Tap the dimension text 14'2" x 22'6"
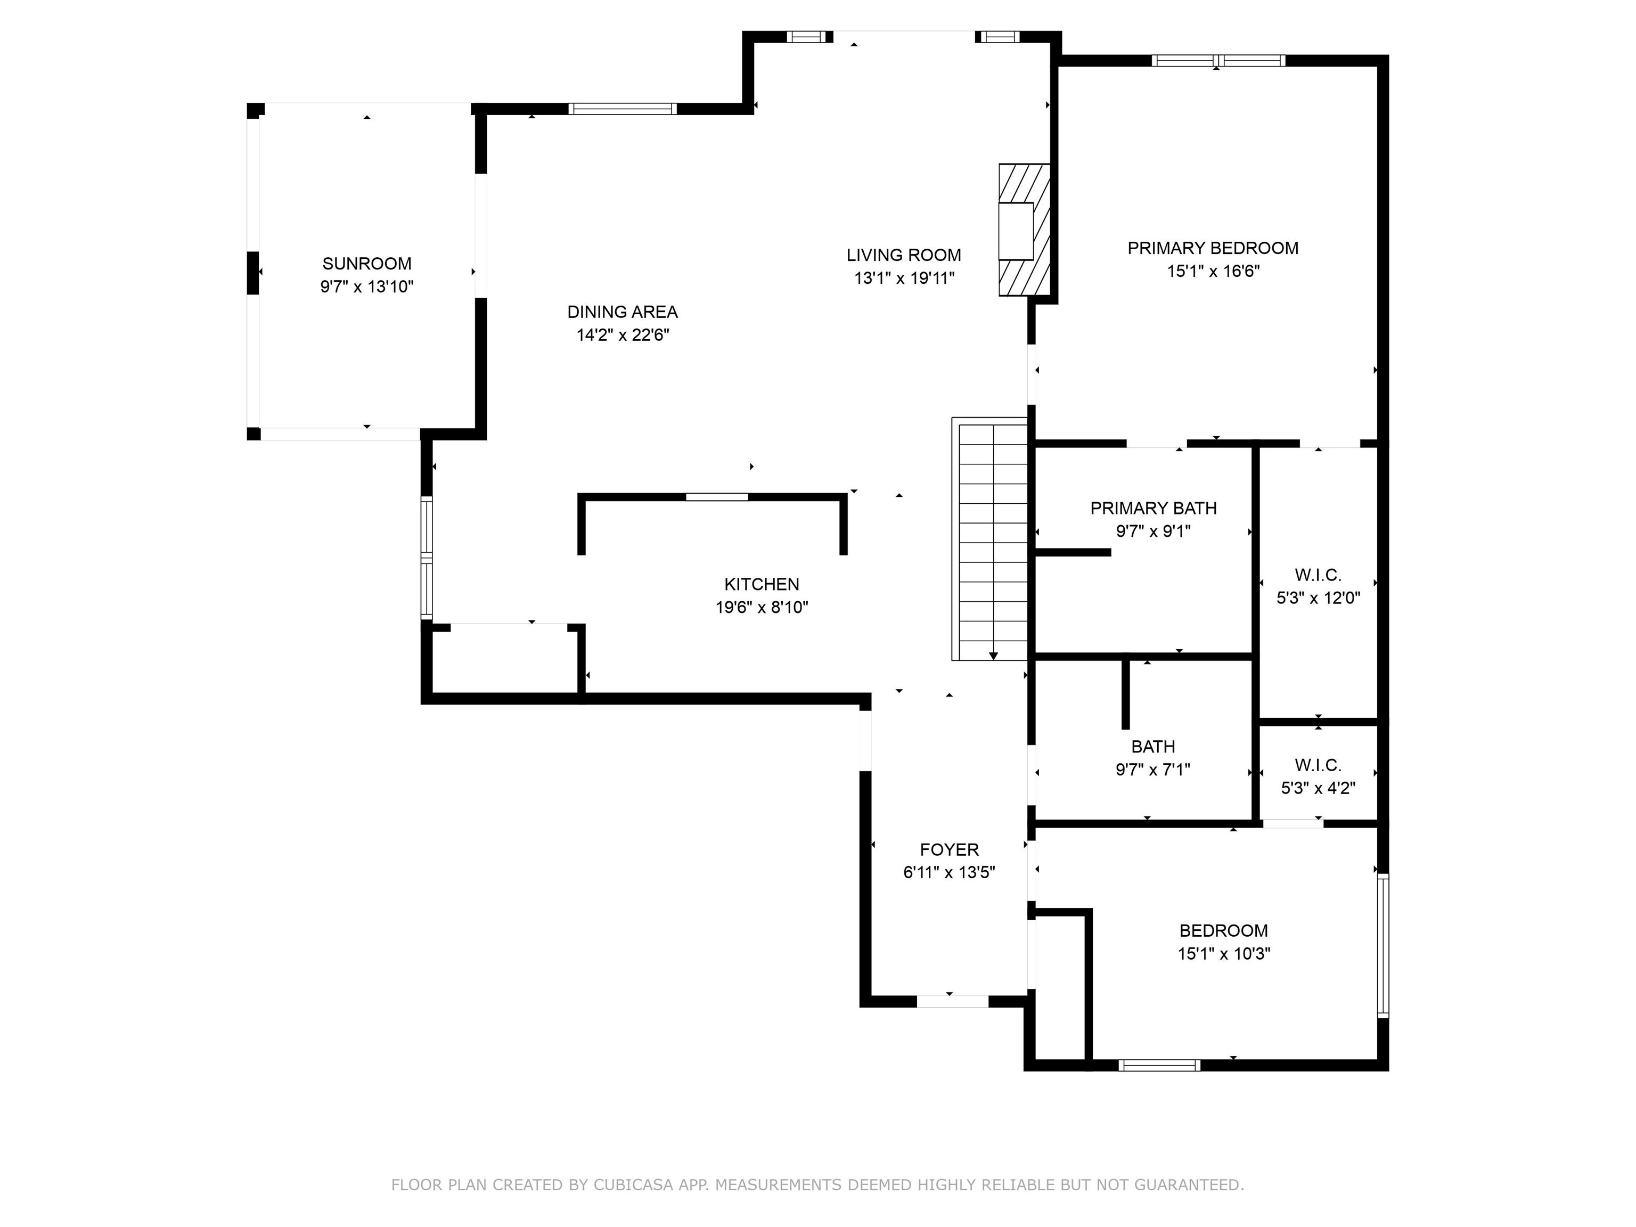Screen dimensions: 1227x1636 pos(623,335)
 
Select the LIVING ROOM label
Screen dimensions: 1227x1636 pos(903,255)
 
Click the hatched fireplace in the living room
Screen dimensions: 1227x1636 pos(1024,230)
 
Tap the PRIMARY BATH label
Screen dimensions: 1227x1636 pos(1153,508)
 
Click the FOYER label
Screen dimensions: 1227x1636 pos(949,850)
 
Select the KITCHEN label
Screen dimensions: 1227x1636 pos(761,584)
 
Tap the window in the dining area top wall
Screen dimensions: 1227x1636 pos(622,109)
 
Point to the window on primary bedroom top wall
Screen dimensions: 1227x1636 pos(1217,61)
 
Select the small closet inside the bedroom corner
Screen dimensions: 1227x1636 pos(1060,987)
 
